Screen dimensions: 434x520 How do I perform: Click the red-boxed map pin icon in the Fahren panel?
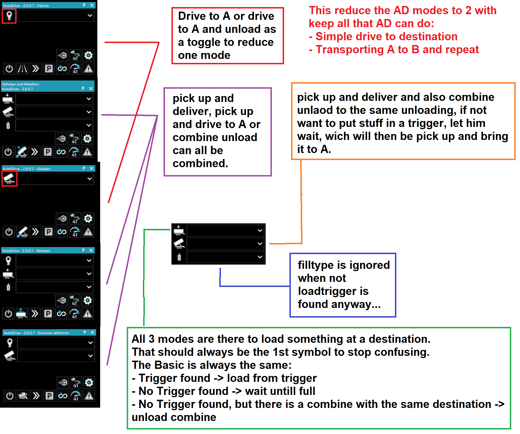9,16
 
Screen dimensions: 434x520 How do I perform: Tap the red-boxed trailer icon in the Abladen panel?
9,179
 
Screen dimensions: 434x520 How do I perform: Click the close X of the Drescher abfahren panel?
93,332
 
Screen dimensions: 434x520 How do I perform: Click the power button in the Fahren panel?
9,69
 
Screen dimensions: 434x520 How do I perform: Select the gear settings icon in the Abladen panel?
88,219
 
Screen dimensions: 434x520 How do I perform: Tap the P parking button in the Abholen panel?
48,314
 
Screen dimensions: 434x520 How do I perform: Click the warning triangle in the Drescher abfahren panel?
89,396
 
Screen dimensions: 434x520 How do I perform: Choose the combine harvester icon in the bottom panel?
23,396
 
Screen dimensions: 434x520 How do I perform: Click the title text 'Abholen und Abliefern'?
20,84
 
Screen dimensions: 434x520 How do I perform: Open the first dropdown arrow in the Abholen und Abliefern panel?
89,99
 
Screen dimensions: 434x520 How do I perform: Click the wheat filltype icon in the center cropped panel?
179,257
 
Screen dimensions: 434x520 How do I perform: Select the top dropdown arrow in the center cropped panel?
260,231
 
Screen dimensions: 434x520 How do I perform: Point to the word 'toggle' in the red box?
204,42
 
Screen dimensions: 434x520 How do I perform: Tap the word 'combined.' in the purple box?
200,163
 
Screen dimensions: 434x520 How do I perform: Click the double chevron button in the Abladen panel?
35,232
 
